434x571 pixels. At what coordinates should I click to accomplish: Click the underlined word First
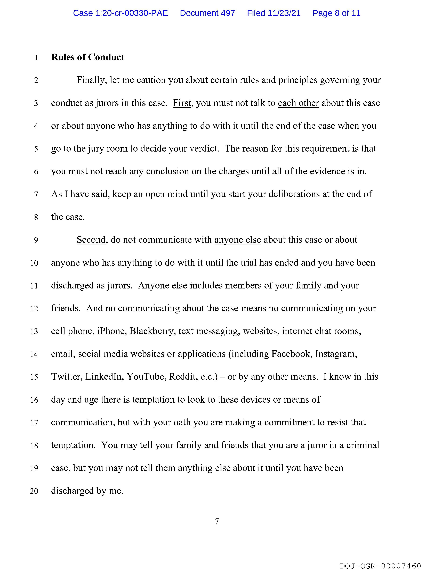182,103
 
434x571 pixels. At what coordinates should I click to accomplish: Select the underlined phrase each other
298,103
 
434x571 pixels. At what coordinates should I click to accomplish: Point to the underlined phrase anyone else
238,240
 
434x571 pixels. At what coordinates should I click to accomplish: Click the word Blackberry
151,331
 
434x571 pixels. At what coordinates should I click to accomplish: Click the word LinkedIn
103,377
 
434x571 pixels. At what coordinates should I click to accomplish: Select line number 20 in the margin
34,491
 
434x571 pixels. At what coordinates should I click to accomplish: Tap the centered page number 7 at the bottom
217,522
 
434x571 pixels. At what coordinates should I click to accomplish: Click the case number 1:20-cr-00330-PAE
132,13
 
